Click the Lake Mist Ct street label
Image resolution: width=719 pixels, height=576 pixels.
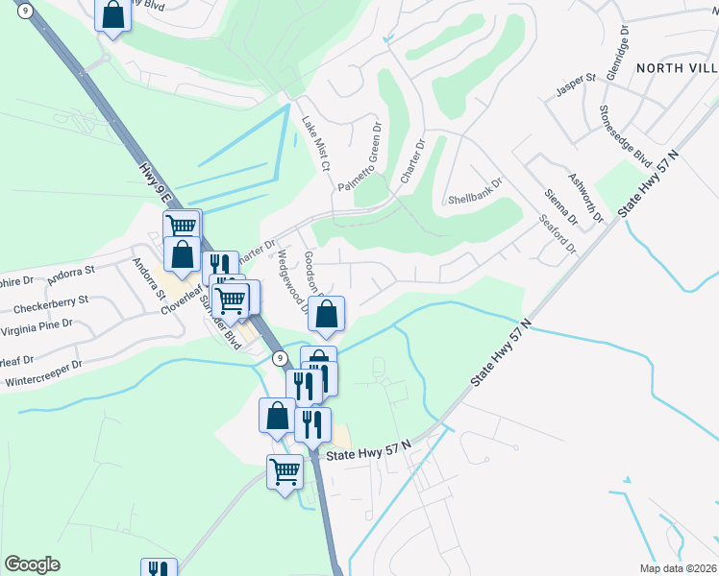pos(315,144)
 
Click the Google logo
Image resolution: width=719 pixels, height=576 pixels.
pos(32,564)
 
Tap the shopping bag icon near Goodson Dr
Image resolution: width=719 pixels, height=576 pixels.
pos(327,314)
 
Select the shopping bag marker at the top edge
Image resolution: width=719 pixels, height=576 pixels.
pos(112,14)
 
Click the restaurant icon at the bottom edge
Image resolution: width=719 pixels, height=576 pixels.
pos(159,568)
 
